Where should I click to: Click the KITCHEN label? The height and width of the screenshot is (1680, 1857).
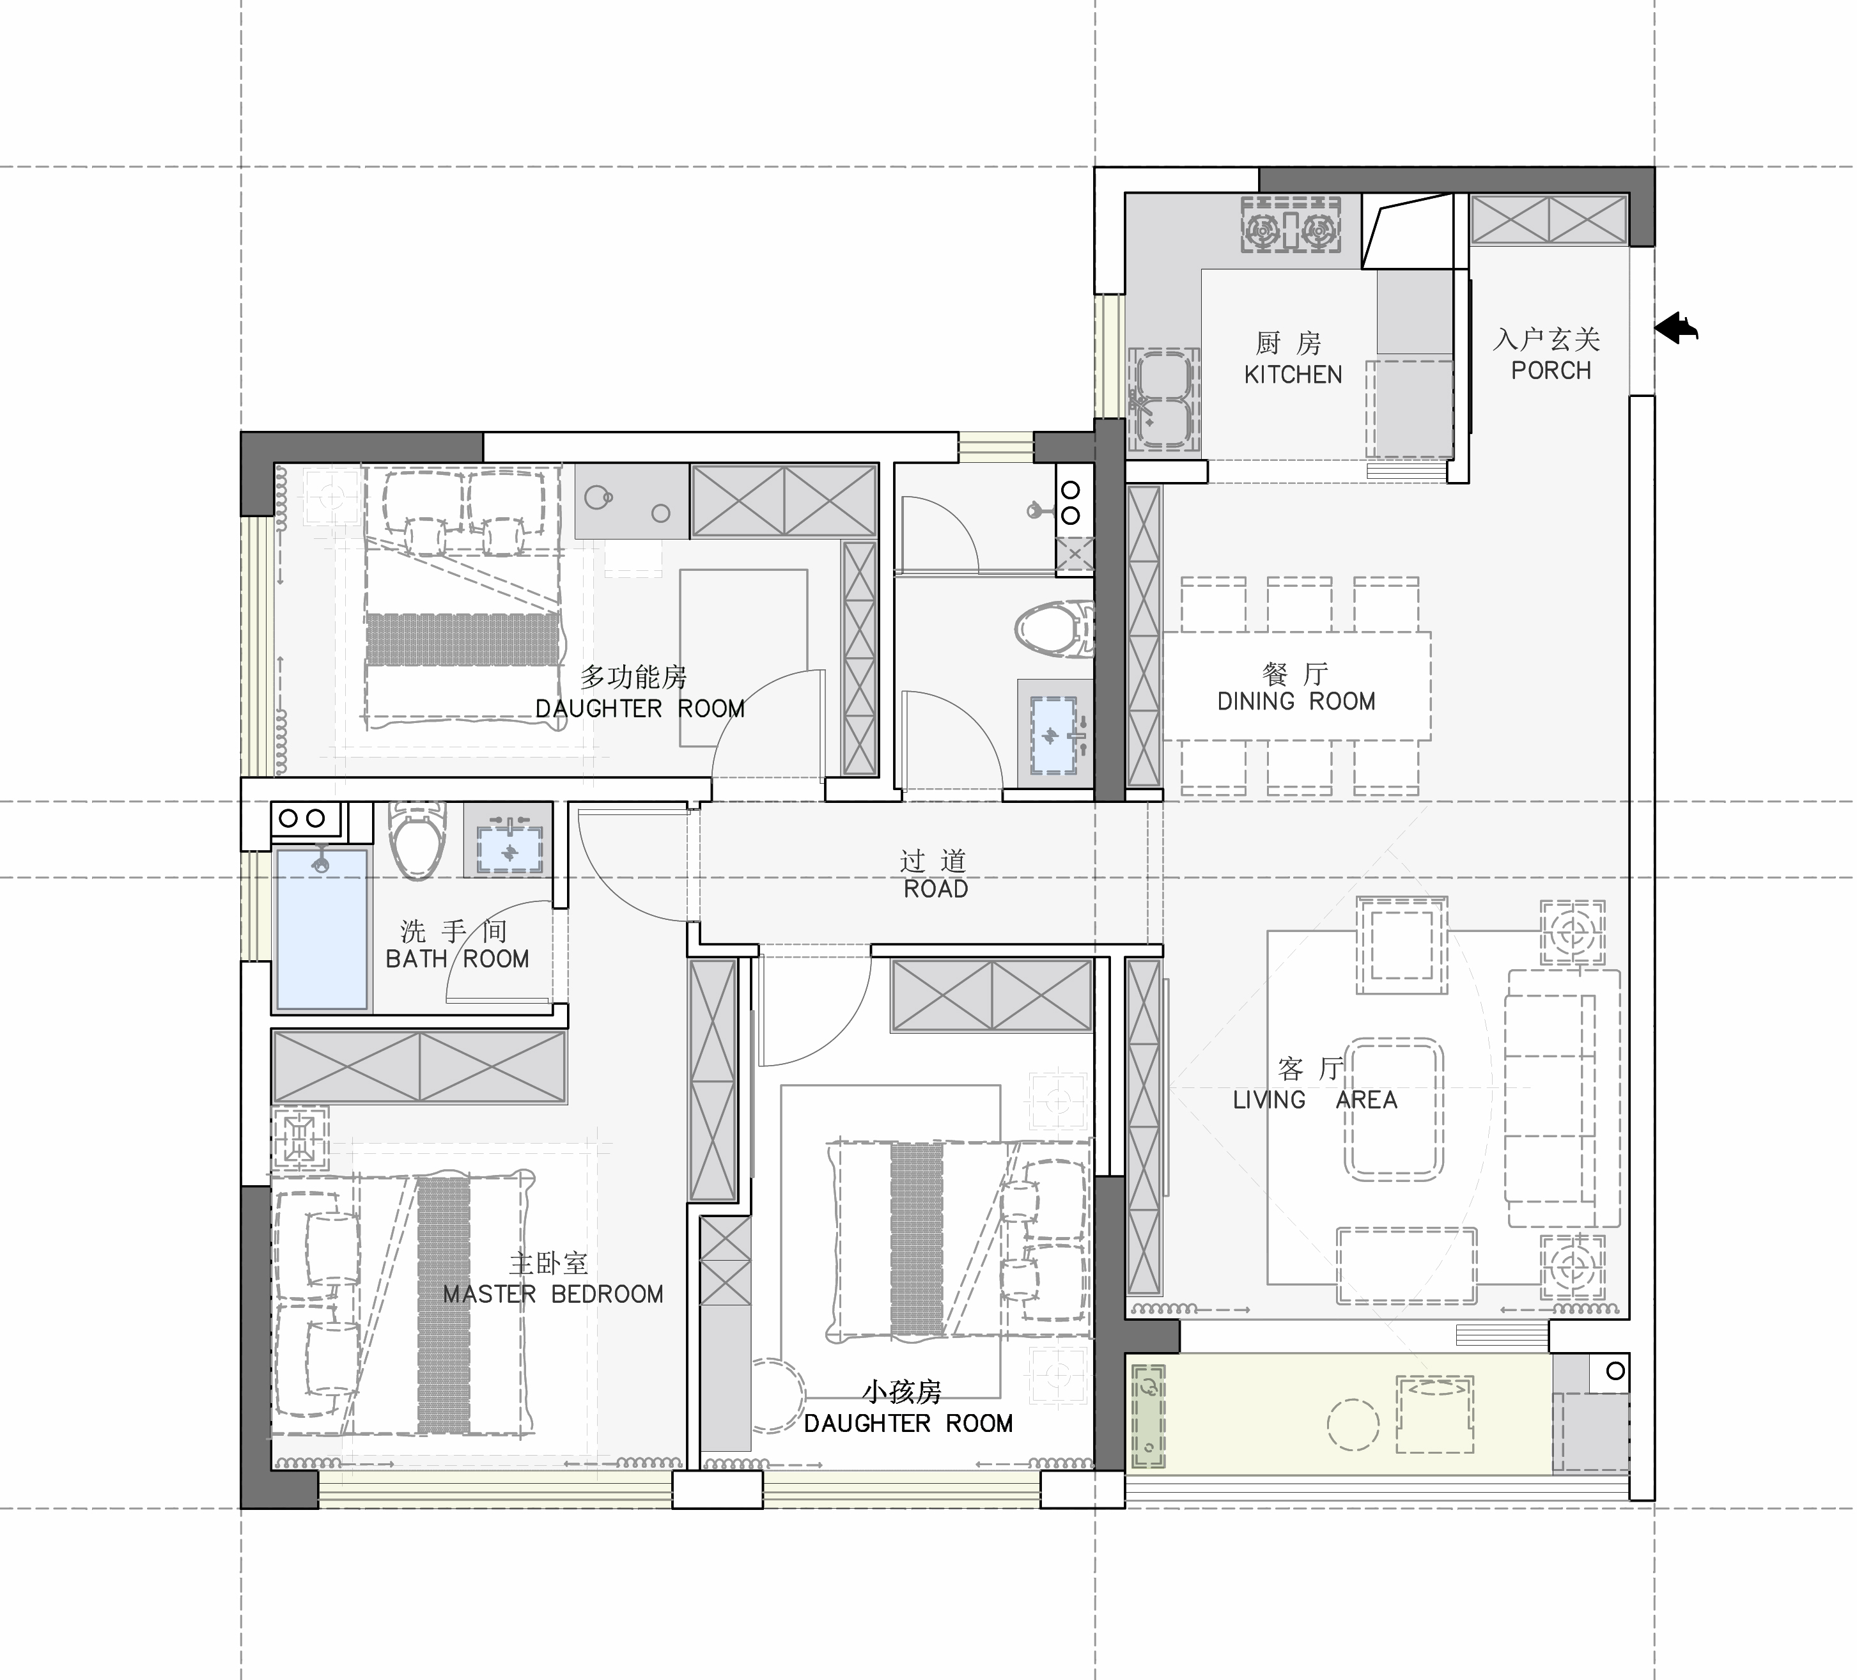(x=1293, y=375)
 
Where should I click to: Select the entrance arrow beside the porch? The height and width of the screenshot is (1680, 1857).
(x=1677, y=329)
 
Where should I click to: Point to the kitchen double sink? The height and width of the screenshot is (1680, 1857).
(x=1163, y=401)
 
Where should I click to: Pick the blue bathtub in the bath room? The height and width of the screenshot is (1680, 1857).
(x=322, y=928)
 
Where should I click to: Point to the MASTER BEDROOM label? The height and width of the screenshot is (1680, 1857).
(x=553, y=1294)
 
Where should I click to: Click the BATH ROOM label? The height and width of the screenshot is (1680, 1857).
(x=458, y=960)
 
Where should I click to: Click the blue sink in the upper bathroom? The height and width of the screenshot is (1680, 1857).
(x=1053, y=735)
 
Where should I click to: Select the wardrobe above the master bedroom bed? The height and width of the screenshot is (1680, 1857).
(x=419, y=1066)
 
